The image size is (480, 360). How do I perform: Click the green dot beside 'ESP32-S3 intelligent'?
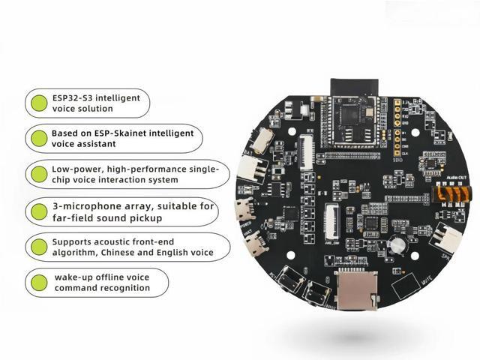click(x=37, y=102)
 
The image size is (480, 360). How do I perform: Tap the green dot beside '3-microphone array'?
click(x=37, y=211)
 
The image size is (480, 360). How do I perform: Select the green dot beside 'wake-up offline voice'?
click(x=37, y=283)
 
